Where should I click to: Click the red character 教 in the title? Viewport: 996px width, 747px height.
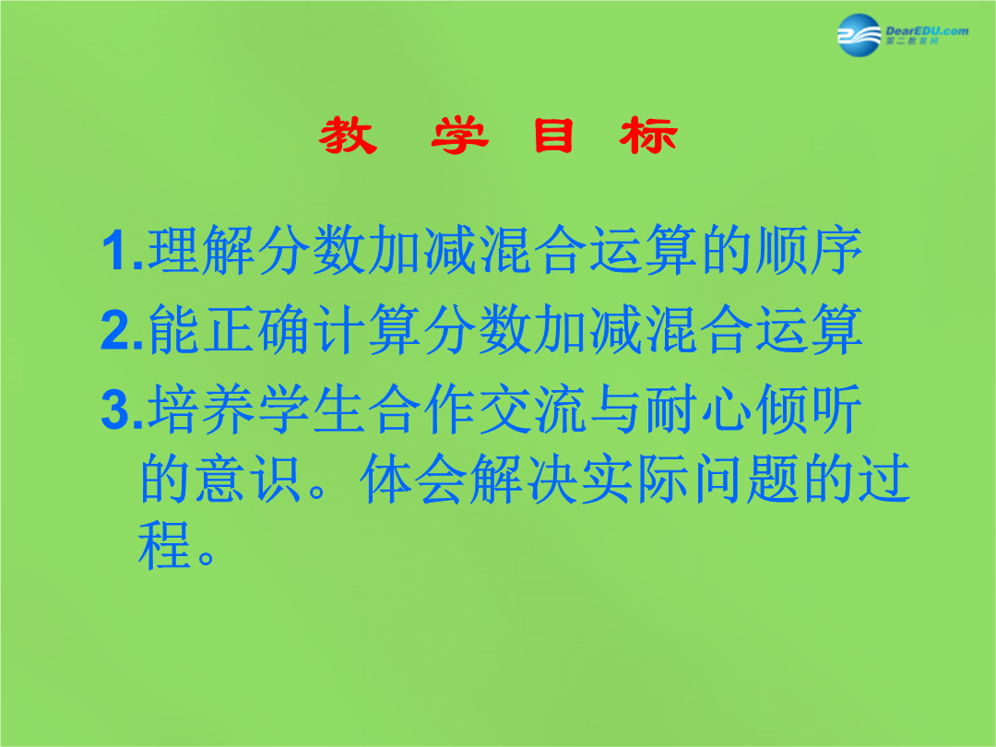coord(348,136)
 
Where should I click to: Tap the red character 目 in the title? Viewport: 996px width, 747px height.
coord(554,136)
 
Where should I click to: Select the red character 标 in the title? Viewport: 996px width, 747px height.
coord(648,136)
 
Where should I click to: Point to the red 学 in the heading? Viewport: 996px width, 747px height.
coord(459,136)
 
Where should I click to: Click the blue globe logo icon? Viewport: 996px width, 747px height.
coord(859,35)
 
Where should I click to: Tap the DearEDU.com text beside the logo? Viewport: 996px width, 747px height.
coord(927,30)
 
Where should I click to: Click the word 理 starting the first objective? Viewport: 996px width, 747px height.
coord(173,250)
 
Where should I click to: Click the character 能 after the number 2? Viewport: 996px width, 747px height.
coord(174,329)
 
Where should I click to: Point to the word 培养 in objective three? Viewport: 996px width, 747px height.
coord(201,409)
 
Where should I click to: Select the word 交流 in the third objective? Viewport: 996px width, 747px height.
coord(532,409)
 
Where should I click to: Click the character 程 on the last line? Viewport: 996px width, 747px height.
coord(164,545)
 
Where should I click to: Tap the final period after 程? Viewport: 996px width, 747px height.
coord(207,557)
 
